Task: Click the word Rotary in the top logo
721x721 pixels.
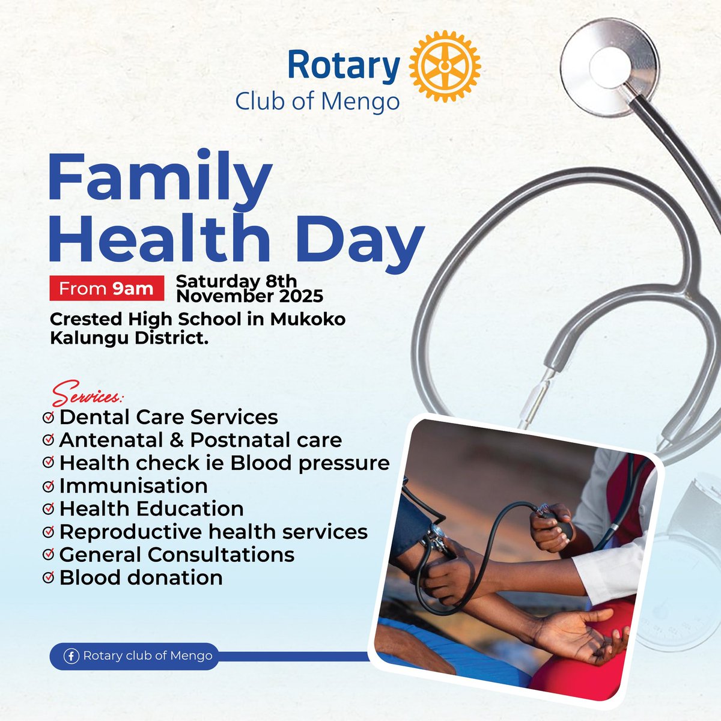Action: coord(344,66)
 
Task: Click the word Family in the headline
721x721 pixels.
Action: coord(159,179)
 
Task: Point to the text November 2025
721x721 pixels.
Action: coord(249,296)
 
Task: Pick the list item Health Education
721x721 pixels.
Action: coord(151,509)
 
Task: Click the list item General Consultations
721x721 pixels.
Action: coord(177,555)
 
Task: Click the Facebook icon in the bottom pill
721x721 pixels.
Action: coord(71,656)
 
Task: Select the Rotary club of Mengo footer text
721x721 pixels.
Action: coord(148,656)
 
